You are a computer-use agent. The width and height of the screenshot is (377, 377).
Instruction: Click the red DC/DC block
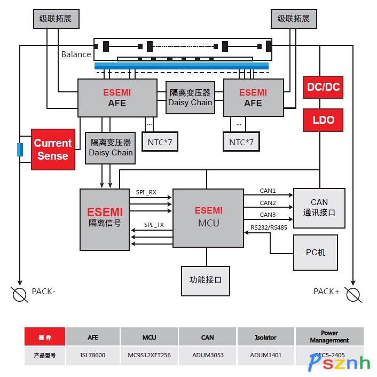[323, 87]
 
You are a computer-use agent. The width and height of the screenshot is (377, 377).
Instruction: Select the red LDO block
[323, 120]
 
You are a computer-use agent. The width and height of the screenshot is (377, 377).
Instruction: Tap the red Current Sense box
[53, 150]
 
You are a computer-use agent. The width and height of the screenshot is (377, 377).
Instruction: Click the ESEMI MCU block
[208, 217]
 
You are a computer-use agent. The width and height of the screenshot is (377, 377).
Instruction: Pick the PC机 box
[316, 252]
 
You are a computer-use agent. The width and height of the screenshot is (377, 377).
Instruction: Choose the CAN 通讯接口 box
[319, 207]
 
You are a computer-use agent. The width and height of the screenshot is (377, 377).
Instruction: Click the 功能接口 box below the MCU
[206, 280]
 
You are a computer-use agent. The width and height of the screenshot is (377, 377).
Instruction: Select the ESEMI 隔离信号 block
[105, 219]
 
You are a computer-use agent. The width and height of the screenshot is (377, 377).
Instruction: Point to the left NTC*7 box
[160, 142]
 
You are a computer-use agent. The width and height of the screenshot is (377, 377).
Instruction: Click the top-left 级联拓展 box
[56, 18]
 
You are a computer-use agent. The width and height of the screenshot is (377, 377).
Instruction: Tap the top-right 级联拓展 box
[293, 18]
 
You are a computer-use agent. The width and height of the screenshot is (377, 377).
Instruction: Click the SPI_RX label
[146, 192]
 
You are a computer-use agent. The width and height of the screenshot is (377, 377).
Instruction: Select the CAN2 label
[268, 203]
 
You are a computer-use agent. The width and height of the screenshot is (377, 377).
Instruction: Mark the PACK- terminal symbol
[20, 294]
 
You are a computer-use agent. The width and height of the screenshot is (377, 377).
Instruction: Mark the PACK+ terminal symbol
[353, 294]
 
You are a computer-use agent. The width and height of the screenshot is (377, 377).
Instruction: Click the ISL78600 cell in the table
[93, 355]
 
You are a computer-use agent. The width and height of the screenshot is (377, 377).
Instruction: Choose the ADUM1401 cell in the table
[265, 355]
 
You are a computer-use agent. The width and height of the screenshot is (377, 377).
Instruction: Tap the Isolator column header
[265, 337]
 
